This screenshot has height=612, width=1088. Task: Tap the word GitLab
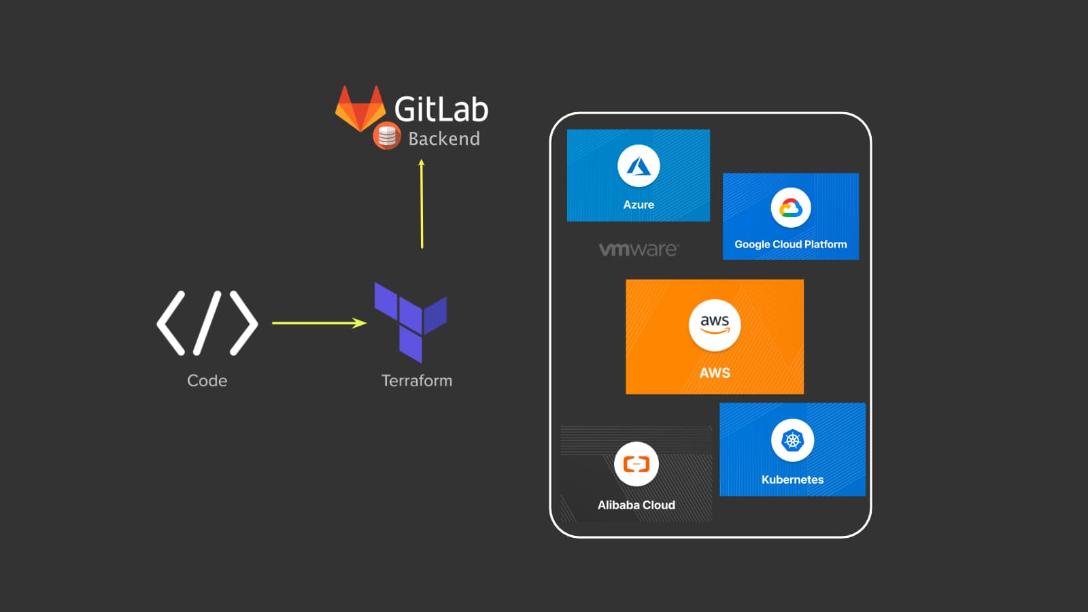coord(441,109)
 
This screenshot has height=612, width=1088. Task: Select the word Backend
coord(444,139)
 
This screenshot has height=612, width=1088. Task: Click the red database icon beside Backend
coord(387,137)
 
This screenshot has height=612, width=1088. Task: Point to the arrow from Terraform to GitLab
coord(422,204)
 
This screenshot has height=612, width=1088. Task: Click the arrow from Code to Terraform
coord(319,323)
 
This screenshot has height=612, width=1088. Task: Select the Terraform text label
coord(416,381)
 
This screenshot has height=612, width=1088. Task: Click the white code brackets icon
coord(207,323)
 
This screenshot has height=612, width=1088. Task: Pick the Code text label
coord(207,381)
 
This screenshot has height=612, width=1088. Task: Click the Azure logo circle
coord(639,166)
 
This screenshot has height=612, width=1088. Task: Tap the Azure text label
coord(639,205)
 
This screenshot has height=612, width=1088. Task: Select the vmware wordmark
coord(638,249)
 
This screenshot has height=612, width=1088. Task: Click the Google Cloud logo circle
coord(790,207)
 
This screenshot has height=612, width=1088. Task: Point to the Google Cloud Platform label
coord(790,244)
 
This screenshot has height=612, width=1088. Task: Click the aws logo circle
coord(715,325)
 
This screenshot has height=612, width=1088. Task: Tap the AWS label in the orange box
coord(715,373)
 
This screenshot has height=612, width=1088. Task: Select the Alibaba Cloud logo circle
coord(636,464)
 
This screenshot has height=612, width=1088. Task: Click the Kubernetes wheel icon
coord(792,441)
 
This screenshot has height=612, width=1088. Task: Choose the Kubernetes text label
coord(792,479)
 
